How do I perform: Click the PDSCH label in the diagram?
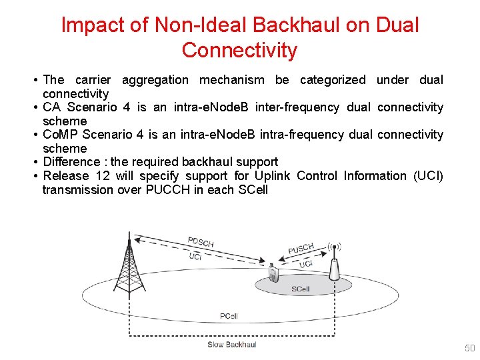[x=201, y=242]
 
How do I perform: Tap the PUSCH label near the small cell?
[x=301, y=249]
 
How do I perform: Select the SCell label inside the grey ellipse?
[x=301, y=289]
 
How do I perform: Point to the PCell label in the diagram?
[x=229, y=316]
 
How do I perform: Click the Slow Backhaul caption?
[x=232, y=345]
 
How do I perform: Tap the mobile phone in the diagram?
[x=272, y=273]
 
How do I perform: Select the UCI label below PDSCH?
[x=195, y=257]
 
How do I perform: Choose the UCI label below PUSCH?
[x=306, y=265]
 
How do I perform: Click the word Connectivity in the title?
[x=239, y=50]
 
